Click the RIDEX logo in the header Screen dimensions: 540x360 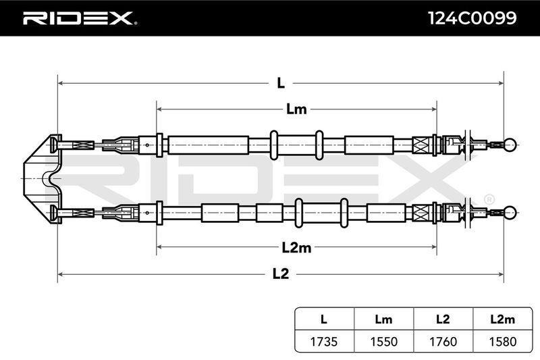pyautogui.click(x=80, y=18)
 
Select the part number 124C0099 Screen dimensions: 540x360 pyautogui.click(x=472, y=18)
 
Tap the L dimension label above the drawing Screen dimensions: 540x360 pyautogui.click(x=281, y=83)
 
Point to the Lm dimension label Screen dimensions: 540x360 pyautogui.click(x=296, y=109)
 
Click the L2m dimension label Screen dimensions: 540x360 pyautogui.click(x=296, y=247)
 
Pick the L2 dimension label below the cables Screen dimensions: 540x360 pyautogui.click(x=281, y=274)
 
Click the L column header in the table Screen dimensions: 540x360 pyautogui.click(x=324, y=319)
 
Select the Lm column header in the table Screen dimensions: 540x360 pyautogui.click(x=383, y=319)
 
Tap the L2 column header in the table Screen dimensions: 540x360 pyautogui.click(x=443, y=319)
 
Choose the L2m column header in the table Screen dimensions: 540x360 pyautogui.click(x=502, y=319)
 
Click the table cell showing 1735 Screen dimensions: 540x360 pyautogui.click(x=324, y=341)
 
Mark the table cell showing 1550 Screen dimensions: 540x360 pyautogui.click(x=383, y=341)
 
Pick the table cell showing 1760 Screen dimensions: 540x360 pyautogui.click(x=443, y=341)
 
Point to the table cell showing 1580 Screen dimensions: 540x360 pyautogui.click(x=502, y=341)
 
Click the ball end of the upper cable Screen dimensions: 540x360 pyautogui.click(x=510, y=145)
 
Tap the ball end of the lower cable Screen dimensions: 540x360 pyautogui.click(x=510, y=213)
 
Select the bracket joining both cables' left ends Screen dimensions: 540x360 pyautogui.click(x=43, y=179)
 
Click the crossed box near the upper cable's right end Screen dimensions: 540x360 pyautogui.click(x=421, y=145)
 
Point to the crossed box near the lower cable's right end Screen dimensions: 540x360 pyautogui.click(x=421, y=213)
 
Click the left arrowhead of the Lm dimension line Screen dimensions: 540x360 pyautogui.click(x=159, y=109)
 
